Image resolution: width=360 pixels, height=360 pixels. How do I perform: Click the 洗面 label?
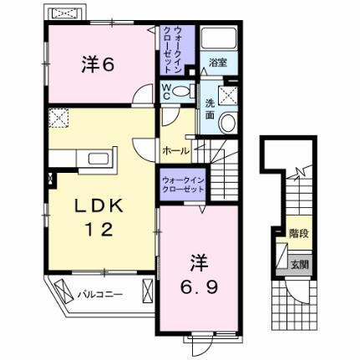[x=210, y=107]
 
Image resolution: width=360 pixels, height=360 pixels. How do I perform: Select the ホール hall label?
[x=175, y=150]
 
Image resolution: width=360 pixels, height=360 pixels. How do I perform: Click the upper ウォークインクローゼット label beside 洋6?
[x=170, y=48]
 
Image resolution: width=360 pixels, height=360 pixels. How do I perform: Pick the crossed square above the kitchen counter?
[x=58, y=120]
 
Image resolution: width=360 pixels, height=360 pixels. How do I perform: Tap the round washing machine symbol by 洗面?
[x=226, y=123]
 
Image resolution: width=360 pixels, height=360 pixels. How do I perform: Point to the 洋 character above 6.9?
[x=198, y=260]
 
